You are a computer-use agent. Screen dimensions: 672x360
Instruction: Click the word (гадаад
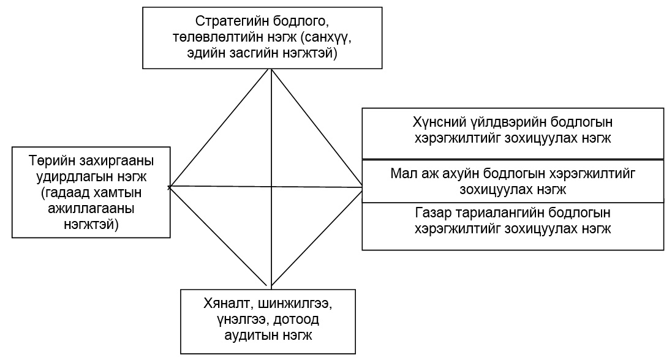[64, 193]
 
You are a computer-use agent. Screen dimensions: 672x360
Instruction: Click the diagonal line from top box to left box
[221, 128]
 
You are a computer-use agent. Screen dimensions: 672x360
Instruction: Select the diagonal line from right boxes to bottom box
[317, 236]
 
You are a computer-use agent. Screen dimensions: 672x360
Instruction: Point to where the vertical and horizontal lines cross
[271, 186]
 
